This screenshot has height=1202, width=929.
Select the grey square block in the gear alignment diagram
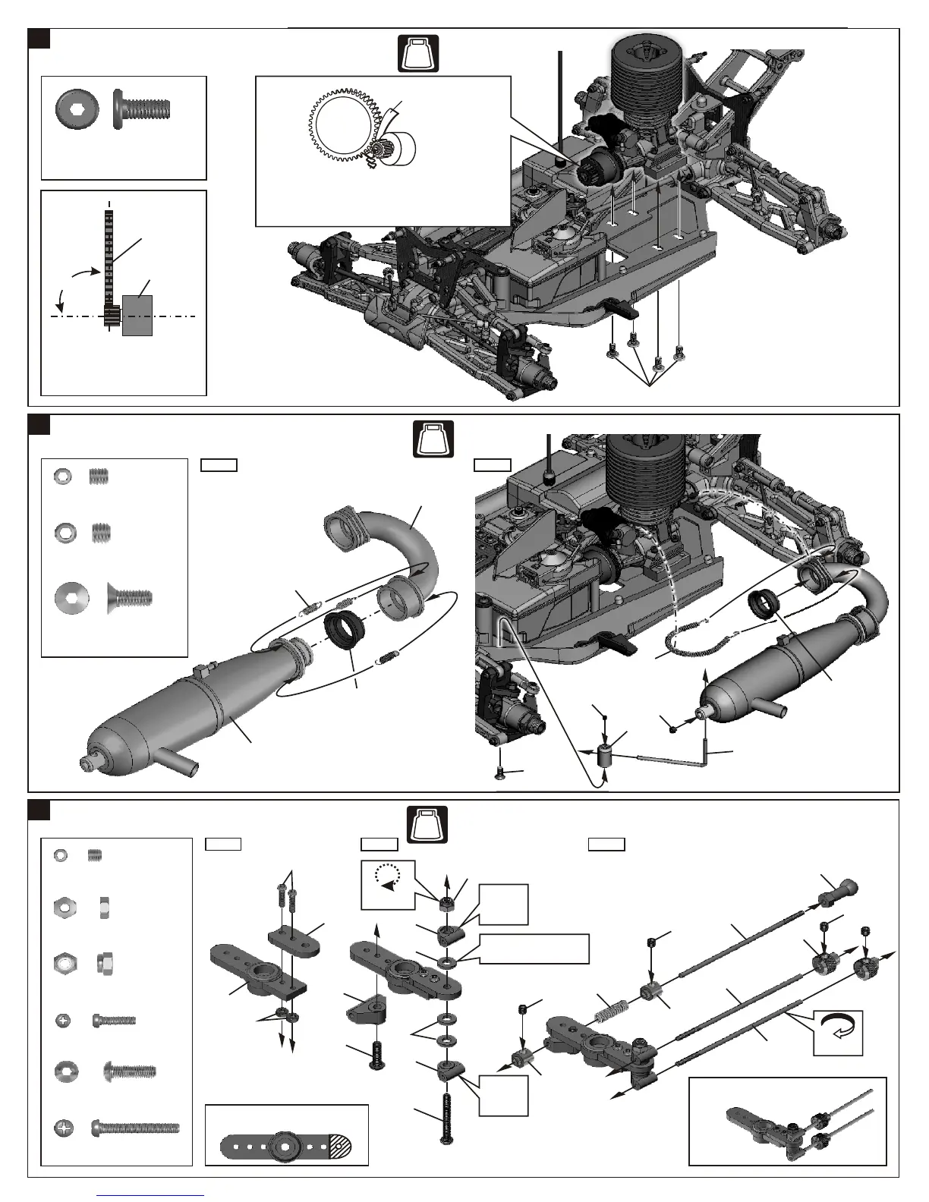(137, 315)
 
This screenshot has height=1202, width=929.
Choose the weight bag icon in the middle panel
(433, 439)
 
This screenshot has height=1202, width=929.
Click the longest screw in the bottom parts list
(135, 1128)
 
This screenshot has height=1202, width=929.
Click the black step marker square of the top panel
(39, 38)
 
